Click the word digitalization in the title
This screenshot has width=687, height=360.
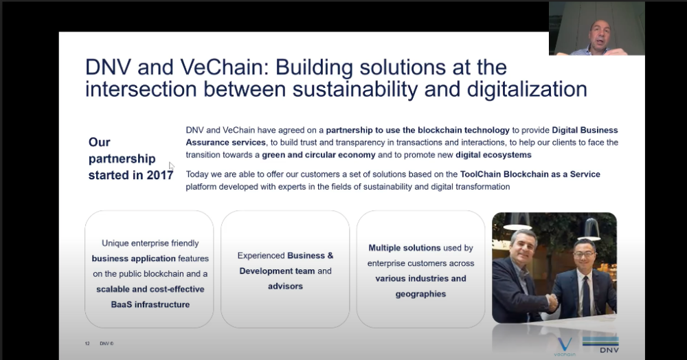coord(527,89)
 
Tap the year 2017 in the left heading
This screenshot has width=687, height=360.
coord(160,175)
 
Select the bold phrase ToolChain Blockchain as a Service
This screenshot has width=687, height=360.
coord(530,175)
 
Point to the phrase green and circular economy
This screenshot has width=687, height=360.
coord(319,155)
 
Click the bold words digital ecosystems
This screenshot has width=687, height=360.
coord(493,155)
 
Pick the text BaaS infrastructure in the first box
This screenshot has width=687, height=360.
coord(150,304)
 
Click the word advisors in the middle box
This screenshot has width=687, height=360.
coord(285,286)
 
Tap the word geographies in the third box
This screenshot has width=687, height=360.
coord(420,294)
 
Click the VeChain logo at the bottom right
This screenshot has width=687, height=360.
coord(564,346)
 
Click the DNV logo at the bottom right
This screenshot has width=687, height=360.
coord(600,345)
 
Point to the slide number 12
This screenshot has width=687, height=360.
coord(87,344)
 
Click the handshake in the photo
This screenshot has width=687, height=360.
coord(552,302)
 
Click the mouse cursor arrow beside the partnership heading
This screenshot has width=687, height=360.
coord(171,166)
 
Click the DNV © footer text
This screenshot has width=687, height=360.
coord(106,344)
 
